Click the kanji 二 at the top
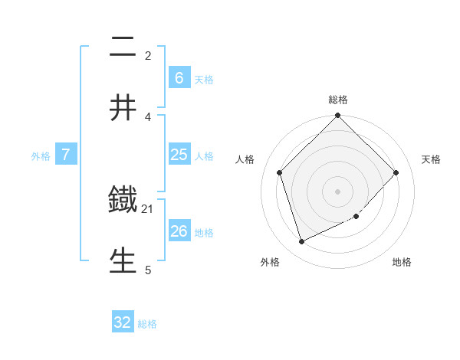(x=123, y=49)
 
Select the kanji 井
(x=123, y=108)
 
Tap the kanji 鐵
(x=123, y=201)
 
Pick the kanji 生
(x=123, y=260)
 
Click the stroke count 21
(x=147, y=208)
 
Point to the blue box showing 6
(x=179, y=78)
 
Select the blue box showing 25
(x=179, y=155)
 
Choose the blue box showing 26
(x=179, y=231)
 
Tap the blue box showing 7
(x=66, y=155)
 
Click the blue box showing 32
(x=123, y=322)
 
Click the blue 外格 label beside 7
(x=41, y=155)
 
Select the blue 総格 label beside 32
(x=147, y=324)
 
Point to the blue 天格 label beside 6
(x=203, y=79)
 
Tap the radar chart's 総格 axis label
(x=338, y=100)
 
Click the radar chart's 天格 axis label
(x=431, y=159)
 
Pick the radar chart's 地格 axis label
(x=402, y=262)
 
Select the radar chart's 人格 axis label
(x=245, y=159)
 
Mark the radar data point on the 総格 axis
(x=337, y=116)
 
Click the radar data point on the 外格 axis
(x=301, y=242)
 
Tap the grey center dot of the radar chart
(x=337, y=191)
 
